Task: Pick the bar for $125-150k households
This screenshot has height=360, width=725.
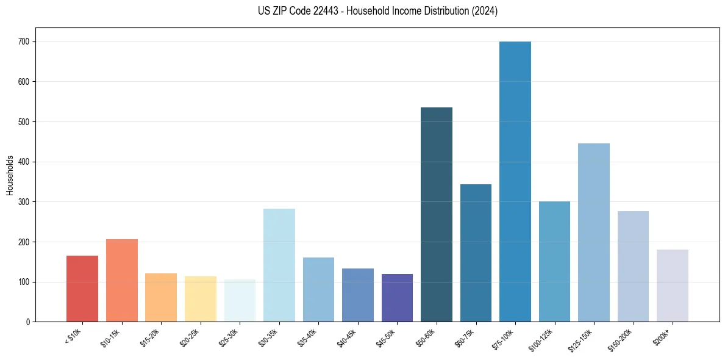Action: click(594, 232)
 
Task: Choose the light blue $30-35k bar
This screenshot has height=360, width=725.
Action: click(279, 265)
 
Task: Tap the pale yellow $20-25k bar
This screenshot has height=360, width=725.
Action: click(201, 299)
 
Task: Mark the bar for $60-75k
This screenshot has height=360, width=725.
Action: click(476, 253)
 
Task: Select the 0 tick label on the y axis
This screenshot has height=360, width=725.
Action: click(28, 322)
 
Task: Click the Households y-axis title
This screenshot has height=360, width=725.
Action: click(10, 175)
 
